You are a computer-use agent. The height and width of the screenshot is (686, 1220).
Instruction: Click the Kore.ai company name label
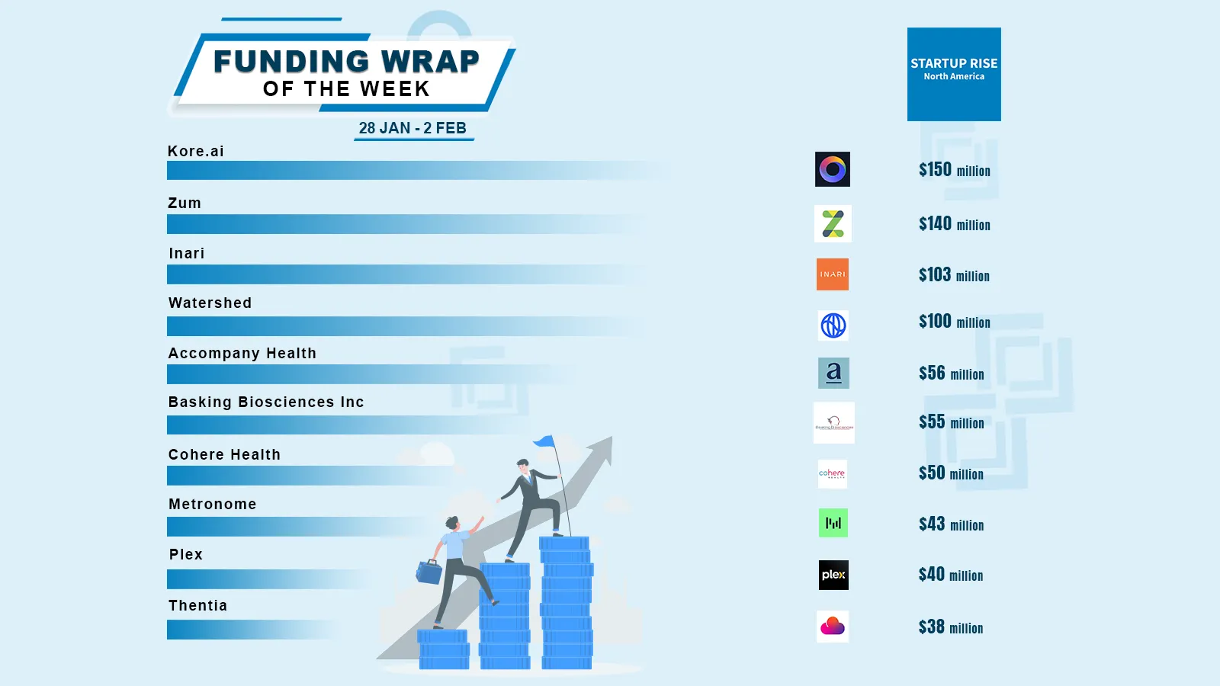tap(196, 151)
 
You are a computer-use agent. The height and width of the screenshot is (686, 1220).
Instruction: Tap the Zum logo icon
tap(833, 223)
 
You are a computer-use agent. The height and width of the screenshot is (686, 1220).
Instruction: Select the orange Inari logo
tap(833, 274)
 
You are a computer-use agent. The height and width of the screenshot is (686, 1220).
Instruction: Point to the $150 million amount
tap(954, 170)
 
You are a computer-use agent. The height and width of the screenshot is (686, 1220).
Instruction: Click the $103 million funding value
tap(954, 275)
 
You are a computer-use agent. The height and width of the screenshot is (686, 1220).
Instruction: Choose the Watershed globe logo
tap(833, 325)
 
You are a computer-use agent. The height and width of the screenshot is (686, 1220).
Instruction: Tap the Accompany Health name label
tap(242, 353)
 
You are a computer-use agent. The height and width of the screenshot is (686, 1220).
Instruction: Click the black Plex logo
tap(833, 575)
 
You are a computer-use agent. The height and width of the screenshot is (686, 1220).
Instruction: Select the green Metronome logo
tap(833, 523)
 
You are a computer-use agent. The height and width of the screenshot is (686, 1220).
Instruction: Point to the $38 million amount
tap(950, 627)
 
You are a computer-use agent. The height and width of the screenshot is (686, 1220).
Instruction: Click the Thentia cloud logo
tap(833, 627)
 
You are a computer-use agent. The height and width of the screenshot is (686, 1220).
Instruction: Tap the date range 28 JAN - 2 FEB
tap(413, 128)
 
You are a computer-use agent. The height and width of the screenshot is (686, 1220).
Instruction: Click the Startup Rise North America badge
tap(954, 74)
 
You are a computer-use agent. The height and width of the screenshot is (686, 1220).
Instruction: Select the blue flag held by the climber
tap(544, 441)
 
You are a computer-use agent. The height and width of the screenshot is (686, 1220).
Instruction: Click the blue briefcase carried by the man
tap(429, 572)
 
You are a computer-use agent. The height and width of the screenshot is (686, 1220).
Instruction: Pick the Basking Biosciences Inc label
tap(266, 402)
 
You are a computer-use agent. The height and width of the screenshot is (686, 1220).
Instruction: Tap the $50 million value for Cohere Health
tap(951, 473)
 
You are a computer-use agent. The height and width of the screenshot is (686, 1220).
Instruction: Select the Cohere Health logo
tap(832, 473)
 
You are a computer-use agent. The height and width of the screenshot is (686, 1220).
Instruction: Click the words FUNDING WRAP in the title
tap(346, 61)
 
